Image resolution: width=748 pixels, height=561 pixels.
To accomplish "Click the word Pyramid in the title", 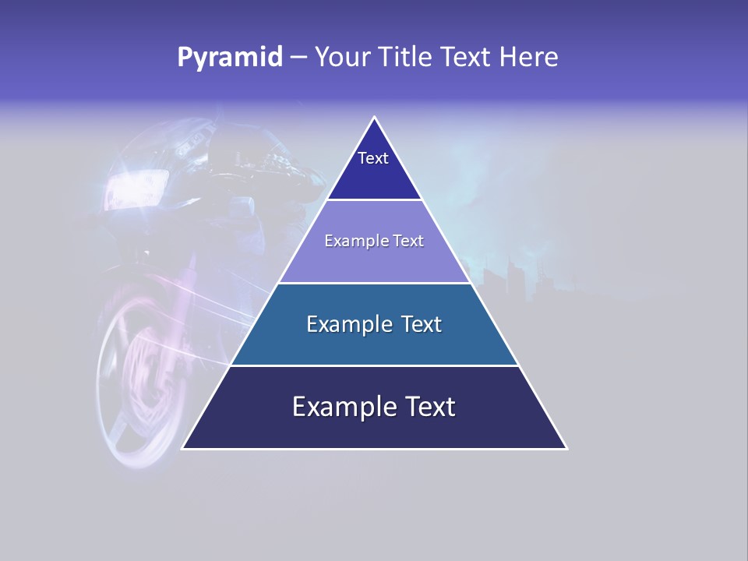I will click(230, 58).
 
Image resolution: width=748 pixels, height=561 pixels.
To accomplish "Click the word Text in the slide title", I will click(467, 58).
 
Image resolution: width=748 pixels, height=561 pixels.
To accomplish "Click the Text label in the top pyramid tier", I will click(373, 158).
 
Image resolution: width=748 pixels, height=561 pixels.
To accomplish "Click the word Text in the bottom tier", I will click(428, 407).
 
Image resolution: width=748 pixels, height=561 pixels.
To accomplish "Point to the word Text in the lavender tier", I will click(408, 242).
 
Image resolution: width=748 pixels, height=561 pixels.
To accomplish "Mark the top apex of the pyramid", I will click(375, 118).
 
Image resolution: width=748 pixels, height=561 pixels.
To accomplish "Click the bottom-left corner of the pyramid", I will click(183, 448).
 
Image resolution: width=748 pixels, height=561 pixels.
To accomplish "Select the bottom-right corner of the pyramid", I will click(566, 448).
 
